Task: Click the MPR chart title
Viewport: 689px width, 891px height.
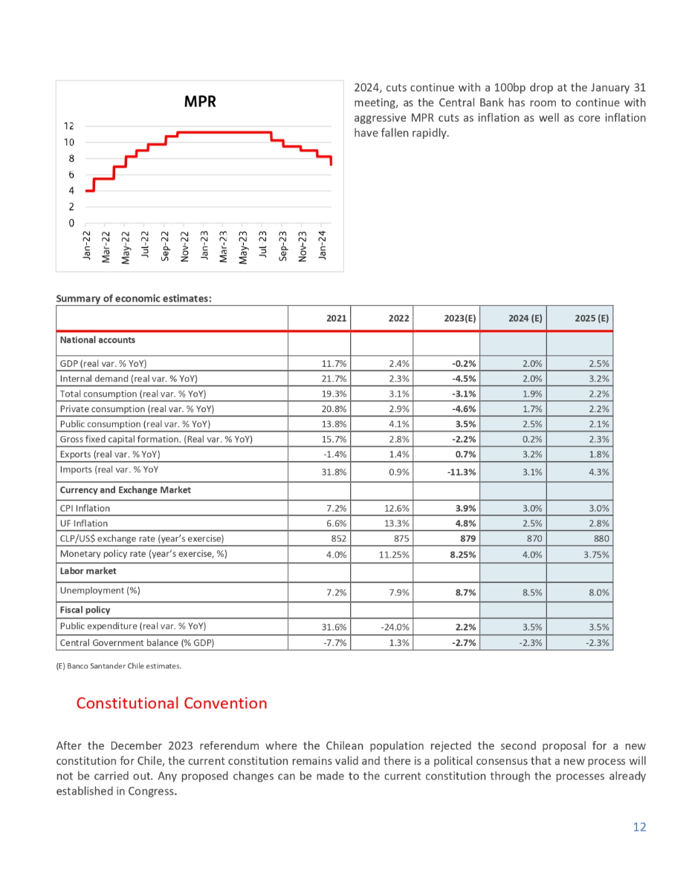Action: point(200,102)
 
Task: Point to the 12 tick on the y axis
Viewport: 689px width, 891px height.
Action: point(69,126)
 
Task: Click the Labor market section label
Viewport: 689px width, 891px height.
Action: point(85,571)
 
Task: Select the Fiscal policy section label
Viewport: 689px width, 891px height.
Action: point(85,610)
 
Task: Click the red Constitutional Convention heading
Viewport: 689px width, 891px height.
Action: point(172,703)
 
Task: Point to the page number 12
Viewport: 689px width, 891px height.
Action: point(639,827)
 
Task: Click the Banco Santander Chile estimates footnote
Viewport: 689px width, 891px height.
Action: point(119,666)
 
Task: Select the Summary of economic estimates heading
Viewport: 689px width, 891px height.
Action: point(135,298)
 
